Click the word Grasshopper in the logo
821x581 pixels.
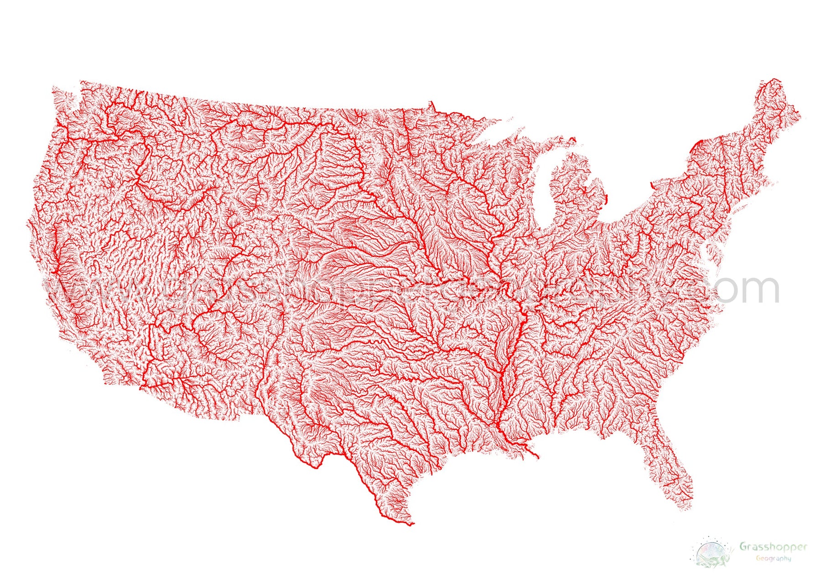[773, 546]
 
